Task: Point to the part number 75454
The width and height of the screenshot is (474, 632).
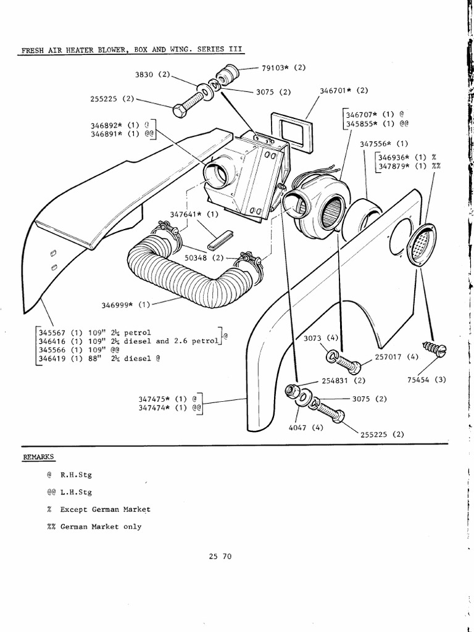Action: [418, 380]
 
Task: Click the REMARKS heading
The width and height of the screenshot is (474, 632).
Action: [38, 457]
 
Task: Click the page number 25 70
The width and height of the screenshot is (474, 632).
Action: [220, 556]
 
